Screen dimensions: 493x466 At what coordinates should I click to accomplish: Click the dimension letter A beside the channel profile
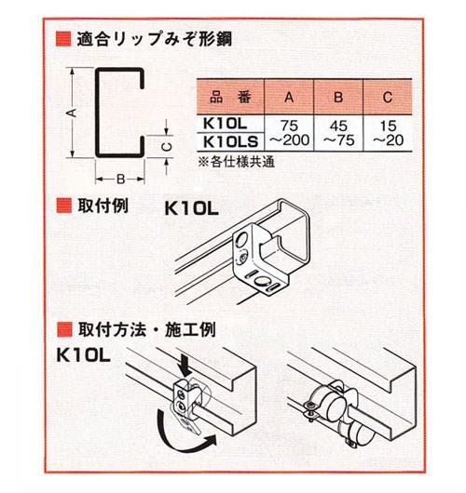click(x=70, y=111)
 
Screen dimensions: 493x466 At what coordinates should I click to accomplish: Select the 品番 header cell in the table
click(x=226, y=96)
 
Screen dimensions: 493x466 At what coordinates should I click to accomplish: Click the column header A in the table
click(x=288, y=96)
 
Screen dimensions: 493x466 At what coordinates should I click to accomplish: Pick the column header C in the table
click(x=390, y=96)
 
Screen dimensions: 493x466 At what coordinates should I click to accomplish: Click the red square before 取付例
click(x=63, y=205)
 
